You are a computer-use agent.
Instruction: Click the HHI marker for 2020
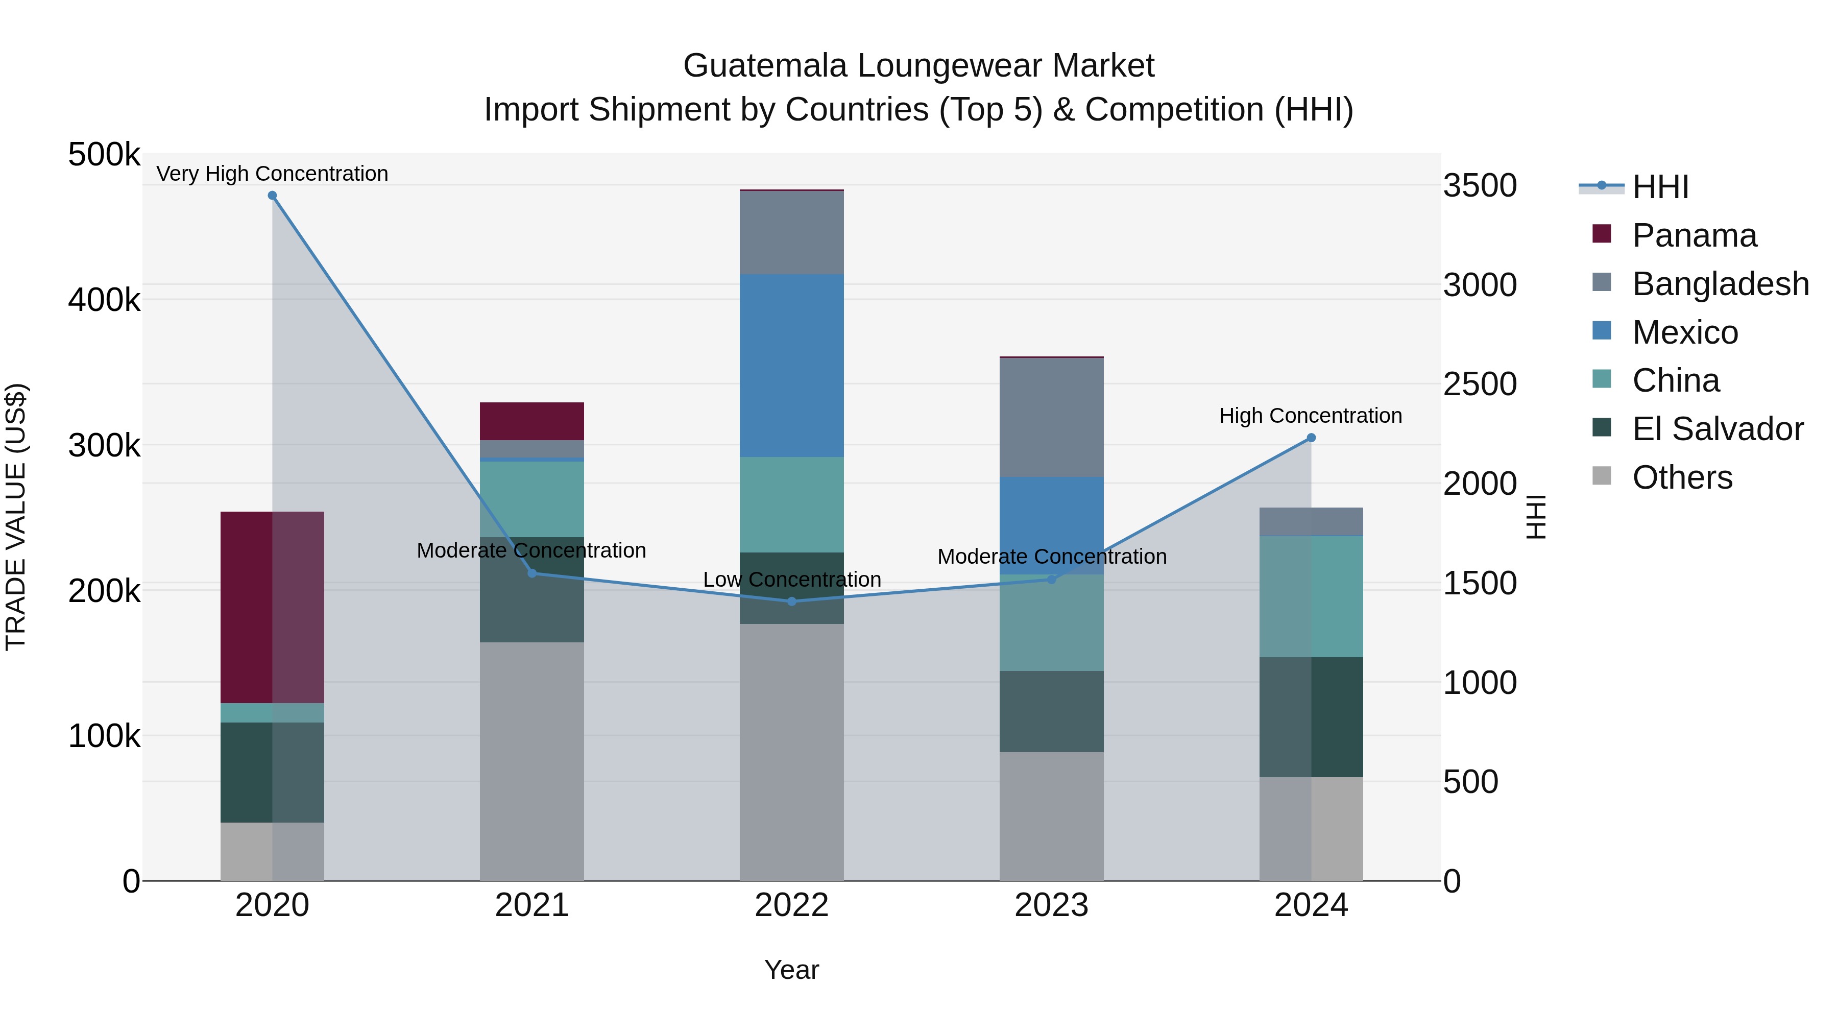pos(272,196)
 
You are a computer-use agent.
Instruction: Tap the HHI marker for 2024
pos(1311,438)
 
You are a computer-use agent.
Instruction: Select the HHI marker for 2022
pos(791,602)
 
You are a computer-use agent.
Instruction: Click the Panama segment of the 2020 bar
pos(272,607)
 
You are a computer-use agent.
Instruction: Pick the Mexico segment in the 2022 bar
pos(791,366)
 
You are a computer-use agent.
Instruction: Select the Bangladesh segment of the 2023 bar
pos(1051,418)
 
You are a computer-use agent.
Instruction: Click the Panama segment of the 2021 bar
pos(531,421)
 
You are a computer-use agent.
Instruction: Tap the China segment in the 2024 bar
pos(1311,596)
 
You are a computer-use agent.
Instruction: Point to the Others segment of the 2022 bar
pos(791,752)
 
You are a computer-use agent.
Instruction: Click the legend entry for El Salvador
pos(1718,429)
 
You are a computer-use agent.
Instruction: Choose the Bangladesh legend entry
pos(1720,283)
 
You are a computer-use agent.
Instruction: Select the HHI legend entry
pos(1660,187)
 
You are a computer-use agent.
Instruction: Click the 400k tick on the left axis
pos(104,300)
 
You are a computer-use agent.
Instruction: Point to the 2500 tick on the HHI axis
pos(1480,384)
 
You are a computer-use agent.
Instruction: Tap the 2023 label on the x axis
pos(1051,905)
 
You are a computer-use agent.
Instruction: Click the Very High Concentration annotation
pos(272,174)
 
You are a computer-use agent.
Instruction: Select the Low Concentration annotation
pos(791,580)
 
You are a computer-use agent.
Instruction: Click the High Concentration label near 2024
pos(1310,415)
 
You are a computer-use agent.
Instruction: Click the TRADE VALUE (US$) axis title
pos(16,517)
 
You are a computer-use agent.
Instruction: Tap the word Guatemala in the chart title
pos(765,66)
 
